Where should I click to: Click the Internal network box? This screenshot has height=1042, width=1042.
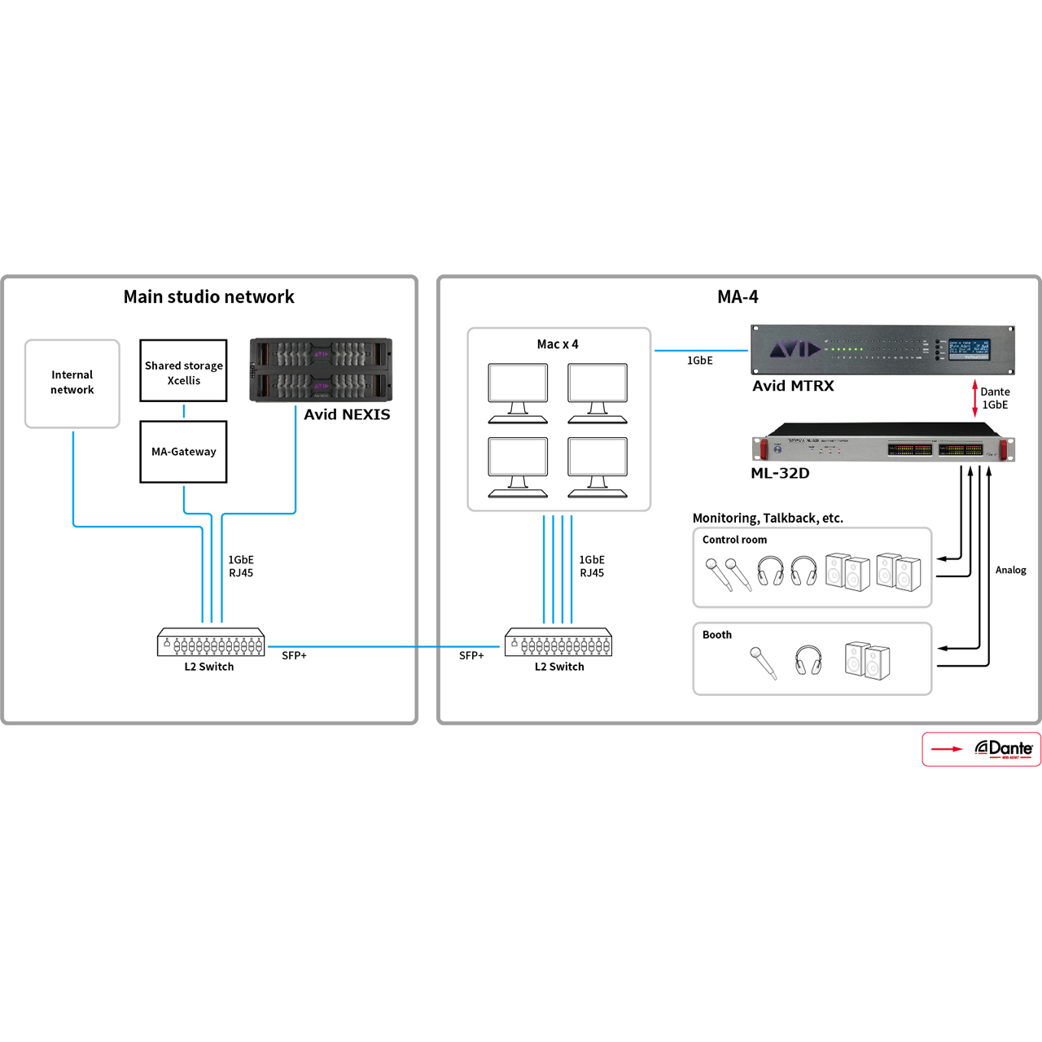(x=72, y=383)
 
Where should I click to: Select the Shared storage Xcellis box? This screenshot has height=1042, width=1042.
(x=183, y=371)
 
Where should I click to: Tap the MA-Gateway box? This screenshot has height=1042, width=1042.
(x=183, y=452)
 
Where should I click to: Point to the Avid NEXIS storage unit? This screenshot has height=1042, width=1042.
(x=321, y=370)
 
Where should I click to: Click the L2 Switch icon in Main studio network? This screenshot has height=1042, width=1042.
(x=211, y=642)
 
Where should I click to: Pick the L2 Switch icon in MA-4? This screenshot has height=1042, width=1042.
(x=558, y=642)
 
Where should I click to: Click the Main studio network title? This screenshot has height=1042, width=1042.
(x=209, y=297)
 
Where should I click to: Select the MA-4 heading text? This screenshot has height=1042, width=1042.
(x=738, y=297)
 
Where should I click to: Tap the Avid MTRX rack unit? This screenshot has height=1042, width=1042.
(x=882, y=350)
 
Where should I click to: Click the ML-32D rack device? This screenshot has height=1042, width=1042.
(x=883, y=445)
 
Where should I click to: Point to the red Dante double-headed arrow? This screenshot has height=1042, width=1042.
(x=974, y=398)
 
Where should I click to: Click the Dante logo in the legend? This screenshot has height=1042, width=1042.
(x=1004, y=749)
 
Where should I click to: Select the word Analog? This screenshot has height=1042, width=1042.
(x=1010, y=571)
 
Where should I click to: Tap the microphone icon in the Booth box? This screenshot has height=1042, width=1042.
(x=763, y=662)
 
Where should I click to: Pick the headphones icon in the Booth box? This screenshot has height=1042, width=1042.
(x=808, y=660)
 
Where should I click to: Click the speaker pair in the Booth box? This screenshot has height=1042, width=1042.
(x=867, y=660)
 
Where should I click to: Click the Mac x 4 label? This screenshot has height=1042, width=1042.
(x=558, y=344)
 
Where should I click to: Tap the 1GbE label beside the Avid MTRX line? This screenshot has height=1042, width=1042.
(x=700, y=361)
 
